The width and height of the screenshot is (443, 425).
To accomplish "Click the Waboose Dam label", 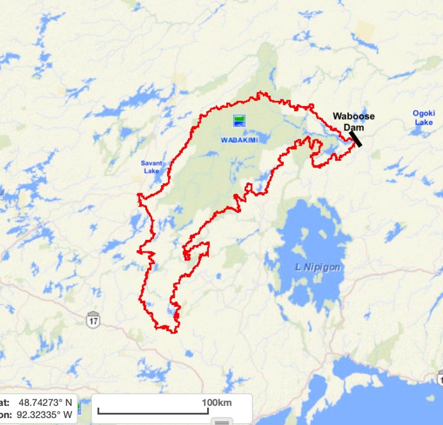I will point(353,121).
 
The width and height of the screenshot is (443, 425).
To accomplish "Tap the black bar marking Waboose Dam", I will point(355,138).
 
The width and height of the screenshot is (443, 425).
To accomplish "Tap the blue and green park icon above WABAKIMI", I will point(239,121).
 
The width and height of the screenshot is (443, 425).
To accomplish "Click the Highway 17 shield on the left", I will point(93,319).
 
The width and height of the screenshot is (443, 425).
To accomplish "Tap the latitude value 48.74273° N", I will point(45,403).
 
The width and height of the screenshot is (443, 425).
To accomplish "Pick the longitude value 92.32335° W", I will point(45,414).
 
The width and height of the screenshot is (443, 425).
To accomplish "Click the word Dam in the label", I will point(353,127).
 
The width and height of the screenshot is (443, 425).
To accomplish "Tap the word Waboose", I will point(353,116).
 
